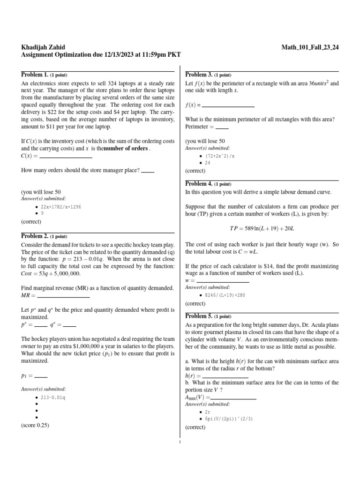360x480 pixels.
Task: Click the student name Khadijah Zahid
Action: point(44,47)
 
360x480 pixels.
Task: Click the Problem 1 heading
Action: point(35,75)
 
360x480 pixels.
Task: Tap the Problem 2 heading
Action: point(35,236)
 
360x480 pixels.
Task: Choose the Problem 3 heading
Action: point(199,75)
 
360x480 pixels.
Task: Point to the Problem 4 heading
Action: point(199,184)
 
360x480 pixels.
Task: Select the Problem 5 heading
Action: point(199,316)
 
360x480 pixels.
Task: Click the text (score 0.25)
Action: point(35,425)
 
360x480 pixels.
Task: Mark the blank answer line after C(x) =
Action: point(66,157)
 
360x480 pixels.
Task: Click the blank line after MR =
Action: point(63,297)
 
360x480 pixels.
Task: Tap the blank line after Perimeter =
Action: point(222,127)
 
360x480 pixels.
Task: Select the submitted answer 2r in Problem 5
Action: point(208,412)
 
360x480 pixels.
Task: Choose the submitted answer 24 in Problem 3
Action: point(208,163)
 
